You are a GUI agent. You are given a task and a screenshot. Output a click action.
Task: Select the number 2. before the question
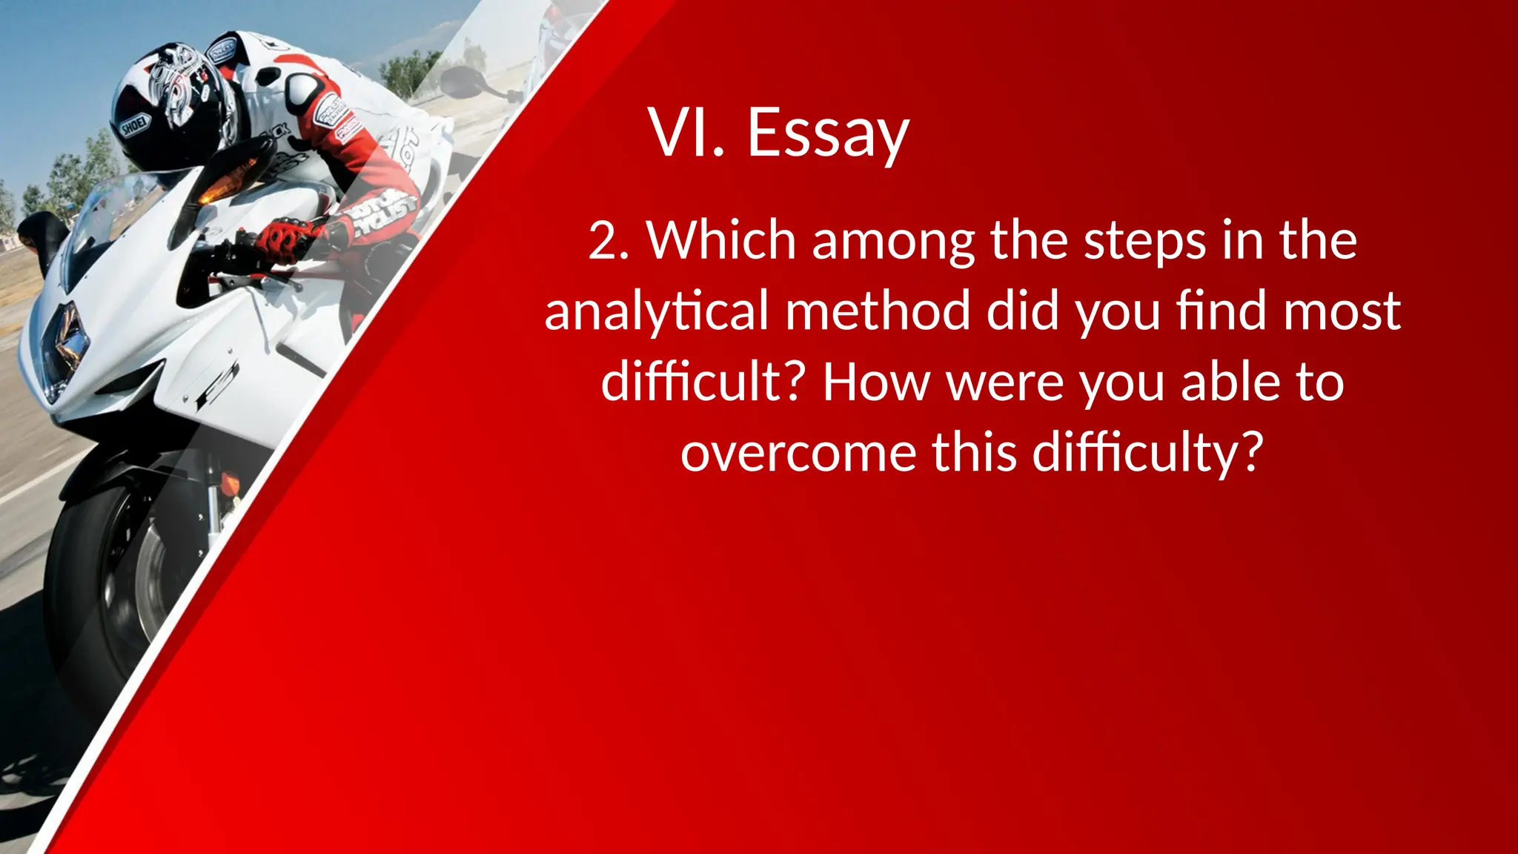[609, 242]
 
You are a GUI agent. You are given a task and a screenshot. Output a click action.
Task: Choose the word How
[875, 382]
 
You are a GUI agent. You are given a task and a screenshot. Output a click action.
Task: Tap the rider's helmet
[170, 104]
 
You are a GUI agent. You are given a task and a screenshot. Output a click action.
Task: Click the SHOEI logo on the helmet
[135, 126]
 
